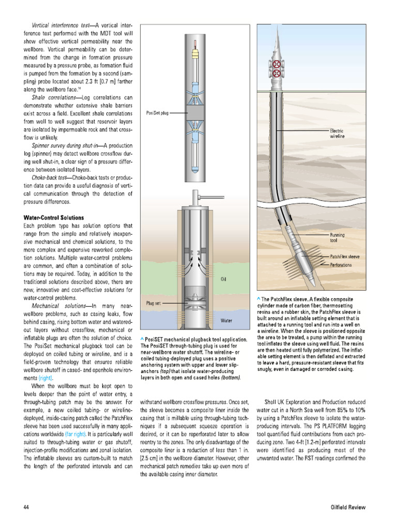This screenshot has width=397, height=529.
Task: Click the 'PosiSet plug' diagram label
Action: pyautogui.click(x=158, y=112)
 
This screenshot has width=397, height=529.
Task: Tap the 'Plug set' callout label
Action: pyautogui.click(x=154, y=303)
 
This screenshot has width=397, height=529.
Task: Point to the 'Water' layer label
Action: pyautogui.click(x=226, y=321)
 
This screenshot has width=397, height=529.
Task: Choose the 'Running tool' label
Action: pyautogui.click(x=337, y=238)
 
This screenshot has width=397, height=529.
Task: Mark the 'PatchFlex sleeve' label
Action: pyautogui.click(x=345, y=256)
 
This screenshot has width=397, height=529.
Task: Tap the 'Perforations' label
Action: pyautogui.click(x=341, y=264)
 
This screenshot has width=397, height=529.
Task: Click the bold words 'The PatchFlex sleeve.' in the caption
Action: pyautogui.click(x=285, y=300)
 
